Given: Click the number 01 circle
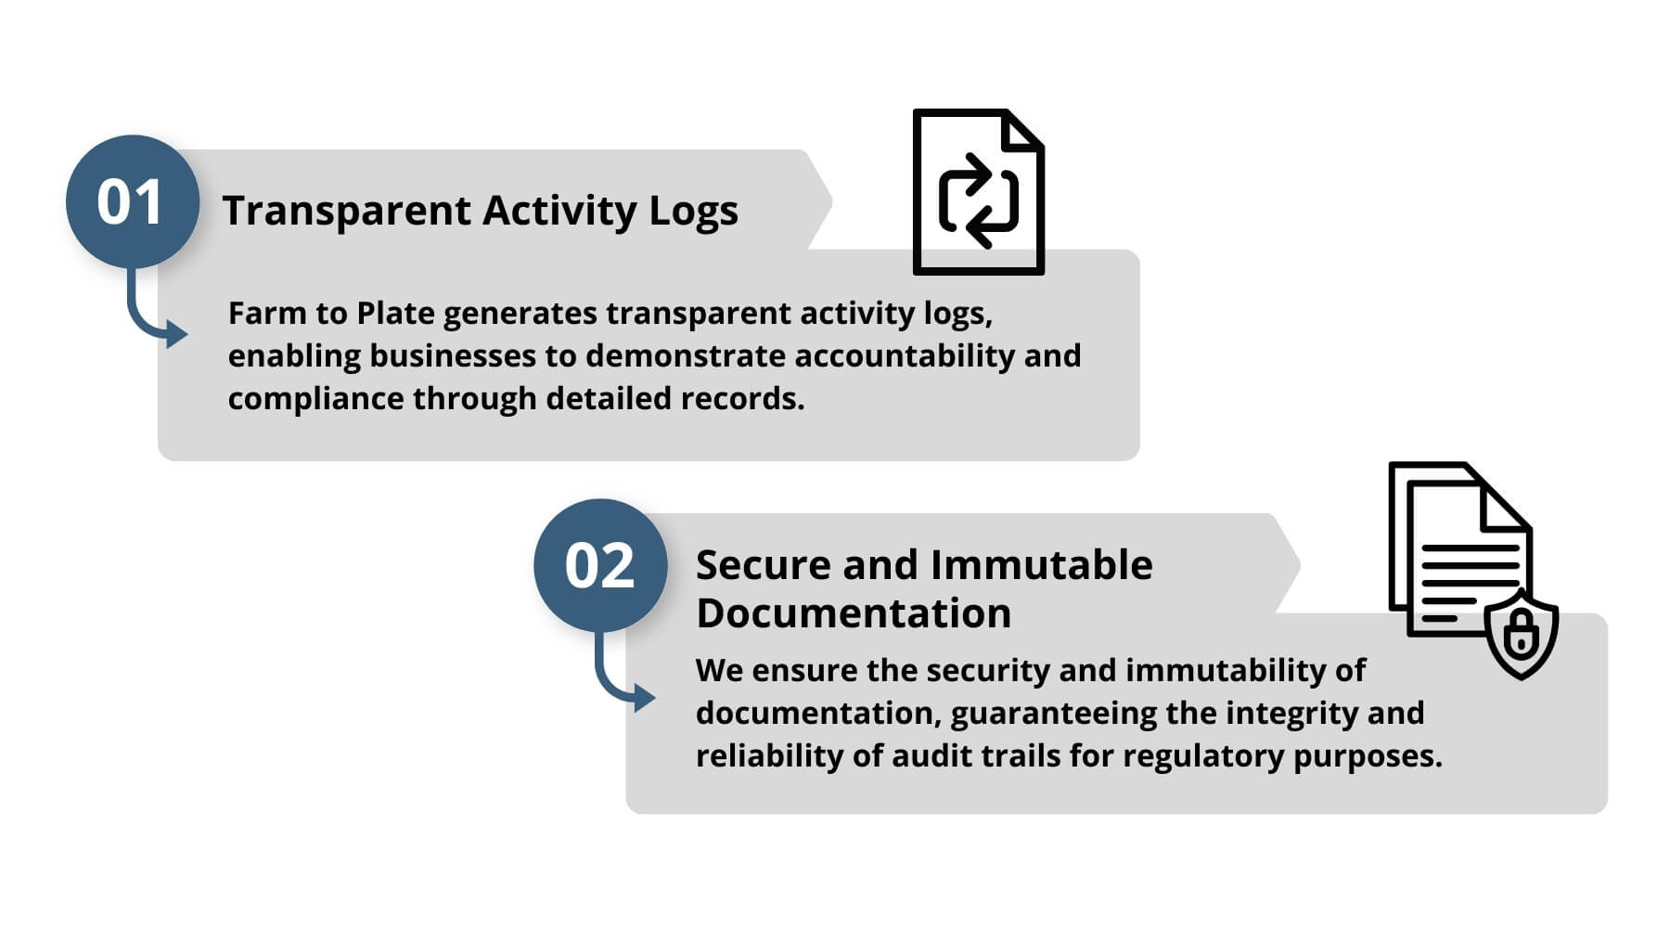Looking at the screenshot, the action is tap(133, 201).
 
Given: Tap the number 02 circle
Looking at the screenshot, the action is tap(600, 565).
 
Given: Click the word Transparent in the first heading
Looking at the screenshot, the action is tap(347, 211).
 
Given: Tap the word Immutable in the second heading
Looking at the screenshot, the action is tap(1041, 564).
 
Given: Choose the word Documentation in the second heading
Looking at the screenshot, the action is tap(854, 613).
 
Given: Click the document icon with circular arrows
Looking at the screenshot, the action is tap(979, 192).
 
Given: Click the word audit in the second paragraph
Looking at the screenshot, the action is tap(931, 755).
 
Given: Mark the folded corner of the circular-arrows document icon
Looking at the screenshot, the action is tap(1024, 130).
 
